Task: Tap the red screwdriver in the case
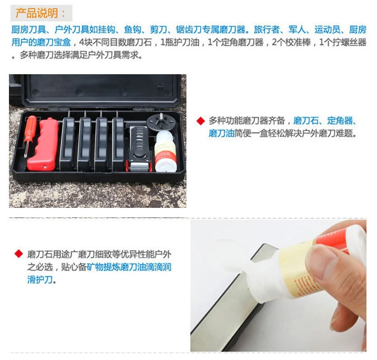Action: click(30, 135)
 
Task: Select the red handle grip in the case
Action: click(43, 144)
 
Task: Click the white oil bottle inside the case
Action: click(165, 152)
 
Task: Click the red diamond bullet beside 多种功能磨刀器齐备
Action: click(201, 121)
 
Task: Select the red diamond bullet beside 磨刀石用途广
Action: click(19, 254)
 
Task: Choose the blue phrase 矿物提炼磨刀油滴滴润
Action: click(129, 267)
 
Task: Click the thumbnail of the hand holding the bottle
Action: click(279, 285)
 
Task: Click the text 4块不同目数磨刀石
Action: click(115, 42)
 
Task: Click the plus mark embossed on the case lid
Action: click(161, 86)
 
